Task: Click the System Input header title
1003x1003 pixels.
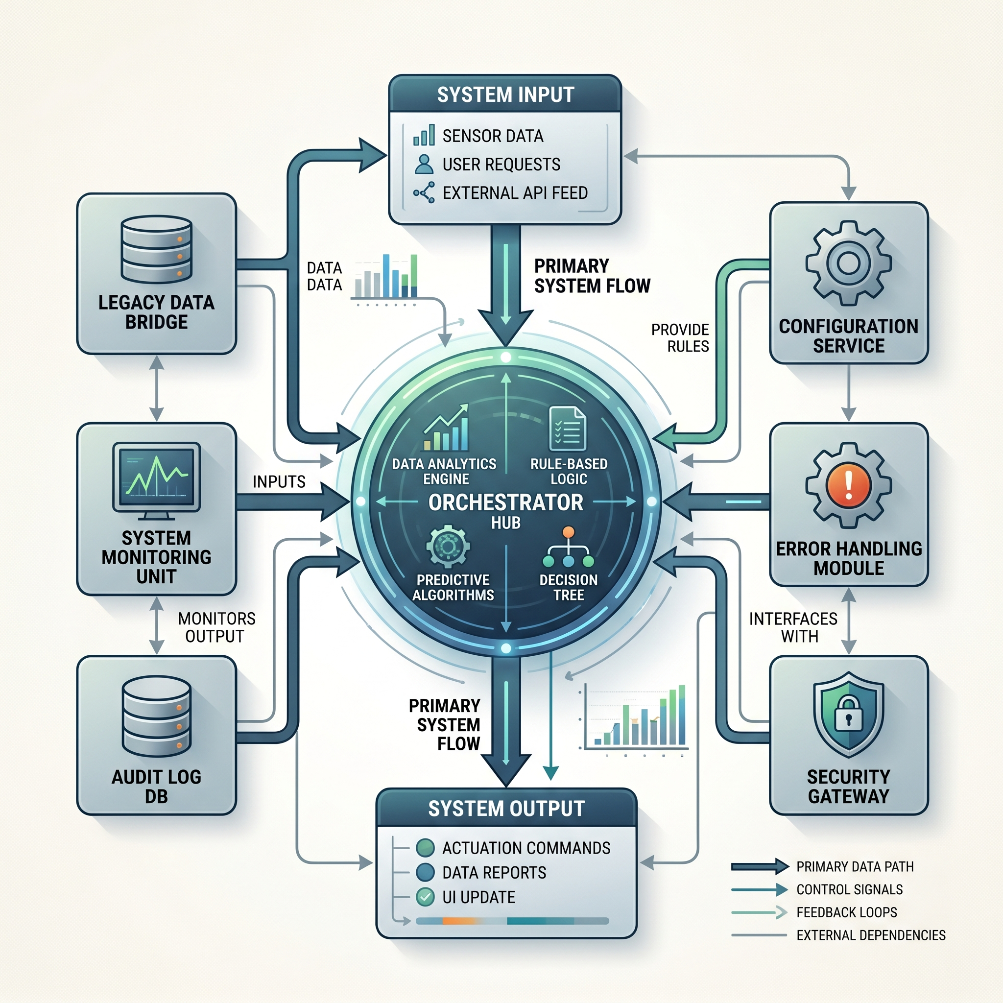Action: coord(505,95)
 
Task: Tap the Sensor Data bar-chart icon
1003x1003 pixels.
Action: coord(424,135)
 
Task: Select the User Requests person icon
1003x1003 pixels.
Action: coord(424,164)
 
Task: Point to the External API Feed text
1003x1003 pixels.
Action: coord(515,192)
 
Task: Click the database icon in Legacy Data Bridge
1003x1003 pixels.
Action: coord(156,249)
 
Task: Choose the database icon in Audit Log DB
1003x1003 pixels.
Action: coord(156,716)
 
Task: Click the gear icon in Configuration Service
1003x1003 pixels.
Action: coord(848,263)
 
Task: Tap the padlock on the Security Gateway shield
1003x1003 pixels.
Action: coord(848,713)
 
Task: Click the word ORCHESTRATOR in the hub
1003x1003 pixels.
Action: coord(505,502)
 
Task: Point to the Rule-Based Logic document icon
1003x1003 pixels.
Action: coord(568,429)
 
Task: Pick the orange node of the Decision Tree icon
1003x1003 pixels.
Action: coord(569,532)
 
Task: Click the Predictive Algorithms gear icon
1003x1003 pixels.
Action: coord(448,546)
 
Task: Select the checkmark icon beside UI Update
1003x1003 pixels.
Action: coord(425,897)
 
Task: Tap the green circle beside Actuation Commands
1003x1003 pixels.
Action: coord(425,848)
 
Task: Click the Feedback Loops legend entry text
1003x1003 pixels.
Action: coord(847,912)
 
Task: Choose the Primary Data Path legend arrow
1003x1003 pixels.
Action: coord(760,866)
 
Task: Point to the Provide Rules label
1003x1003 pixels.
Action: coord(680,338)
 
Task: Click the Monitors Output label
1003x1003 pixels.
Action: coord(216,627)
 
